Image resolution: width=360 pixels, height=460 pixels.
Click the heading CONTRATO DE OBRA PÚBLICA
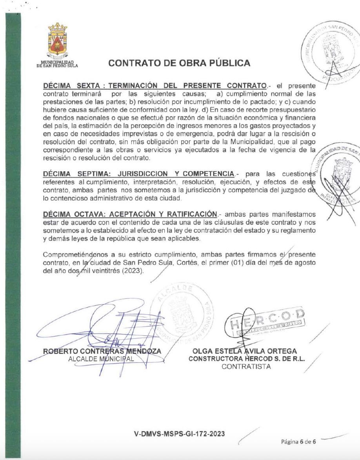coord(179,63)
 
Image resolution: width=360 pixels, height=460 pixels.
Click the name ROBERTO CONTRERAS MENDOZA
coord(102,351)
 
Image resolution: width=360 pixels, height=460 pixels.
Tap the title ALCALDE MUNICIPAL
coord(101,359)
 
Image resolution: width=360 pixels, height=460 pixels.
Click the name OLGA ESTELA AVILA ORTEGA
coord(245,351)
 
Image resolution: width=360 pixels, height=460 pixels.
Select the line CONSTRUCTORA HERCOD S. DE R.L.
coord(247,359)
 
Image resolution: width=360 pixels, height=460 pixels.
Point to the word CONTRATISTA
coord(246,367)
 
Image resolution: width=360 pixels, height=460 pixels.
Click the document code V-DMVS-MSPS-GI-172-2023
coord(180,433)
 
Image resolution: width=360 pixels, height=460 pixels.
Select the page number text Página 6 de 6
coord(298,442)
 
